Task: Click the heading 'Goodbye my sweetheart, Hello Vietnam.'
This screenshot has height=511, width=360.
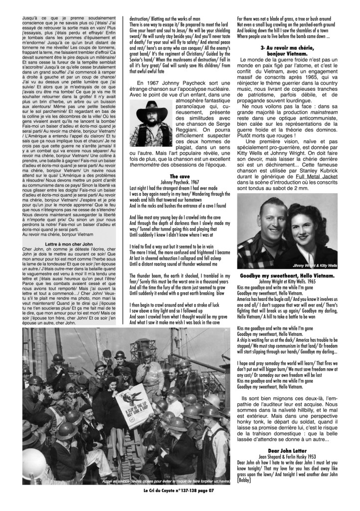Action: pos(294,275)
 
